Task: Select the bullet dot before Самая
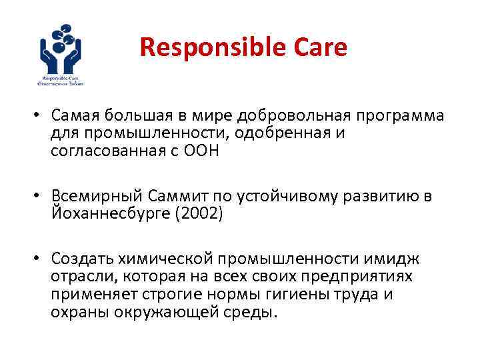click(x=40, y=116)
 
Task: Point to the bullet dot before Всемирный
click(x=40, y=197)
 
